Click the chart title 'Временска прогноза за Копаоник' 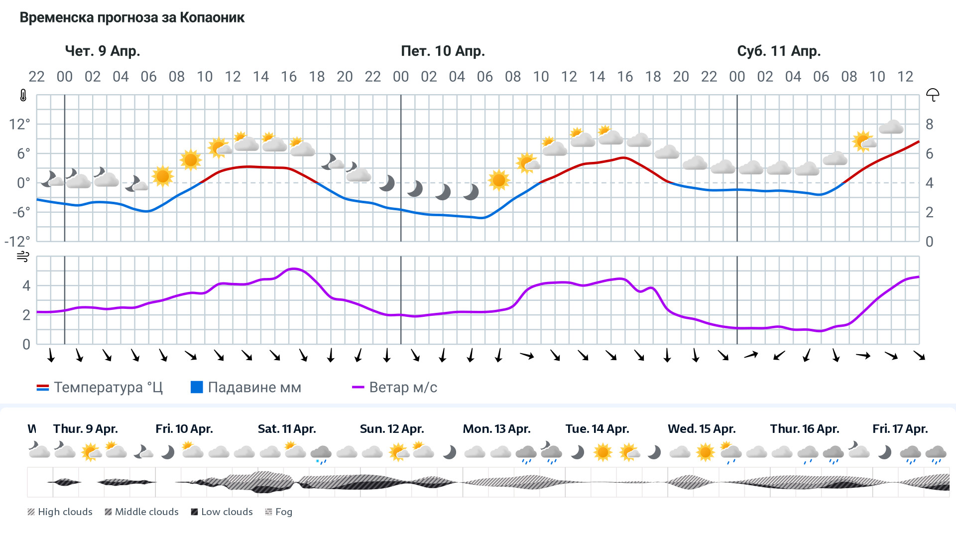(x=132, y=18)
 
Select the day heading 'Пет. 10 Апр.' (x=443, y=51)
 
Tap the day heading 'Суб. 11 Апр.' (x=779, y=51)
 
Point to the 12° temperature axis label (x=19, y=124)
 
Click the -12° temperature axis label (x=17, y=242)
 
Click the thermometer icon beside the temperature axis (x=23, y=95)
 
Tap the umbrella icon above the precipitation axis (x=933, y=95)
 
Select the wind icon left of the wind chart (x=23, y=257)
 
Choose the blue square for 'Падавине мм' (x=197, y=387)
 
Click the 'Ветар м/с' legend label (x=403, y=388)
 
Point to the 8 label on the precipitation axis (x=929, y=124)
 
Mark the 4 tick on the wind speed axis (x=26, y=285)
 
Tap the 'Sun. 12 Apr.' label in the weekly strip (x=392, y=429)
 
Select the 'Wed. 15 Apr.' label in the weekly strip (x=702, y=429)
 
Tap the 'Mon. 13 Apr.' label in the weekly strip (x=496, y=429)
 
